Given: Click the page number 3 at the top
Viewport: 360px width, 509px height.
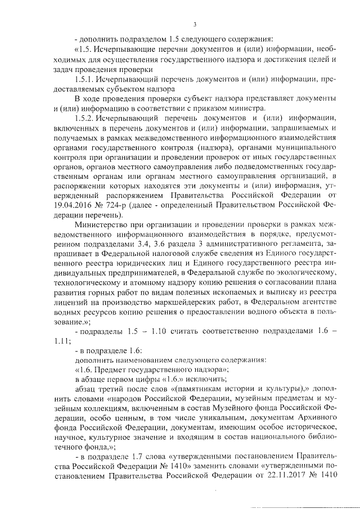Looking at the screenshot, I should click(194, 24).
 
